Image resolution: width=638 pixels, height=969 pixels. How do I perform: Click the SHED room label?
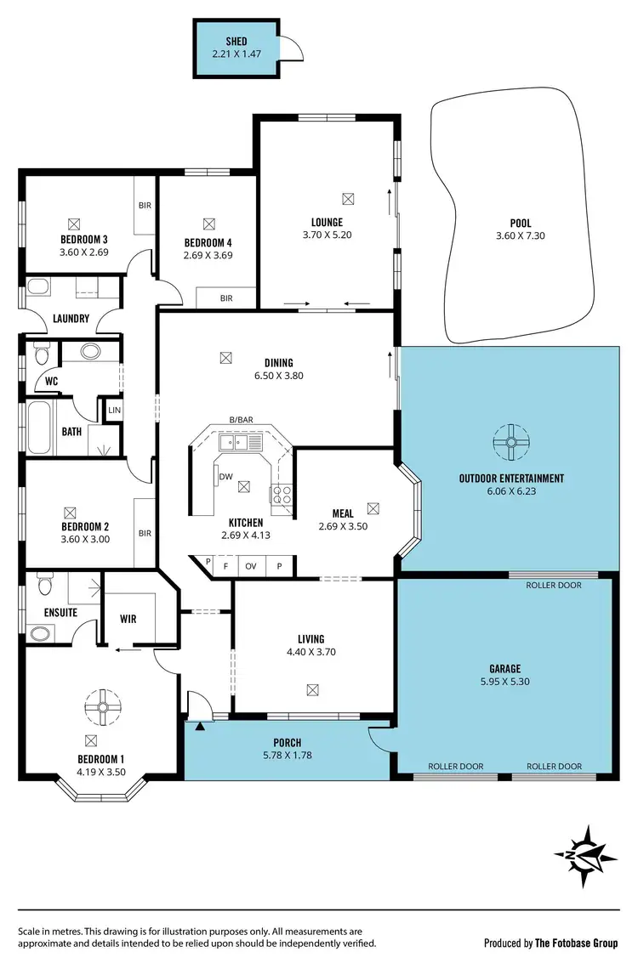(236, 41)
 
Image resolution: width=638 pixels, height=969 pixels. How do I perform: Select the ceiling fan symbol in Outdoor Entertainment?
(511, 441)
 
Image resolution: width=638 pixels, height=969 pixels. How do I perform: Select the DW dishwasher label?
(226, 477)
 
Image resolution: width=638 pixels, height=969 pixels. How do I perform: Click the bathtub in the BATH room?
(40, 429)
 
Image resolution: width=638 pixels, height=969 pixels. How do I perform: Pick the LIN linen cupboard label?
(113, 411)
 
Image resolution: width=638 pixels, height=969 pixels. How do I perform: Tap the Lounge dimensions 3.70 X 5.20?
(327, 235)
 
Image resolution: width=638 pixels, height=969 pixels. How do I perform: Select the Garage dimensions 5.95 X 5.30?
(504, 682)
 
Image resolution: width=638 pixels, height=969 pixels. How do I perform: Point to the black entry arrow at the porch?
(201, 725)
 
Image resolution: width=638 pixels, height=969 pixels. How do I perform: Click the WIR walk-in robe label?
(128, 619)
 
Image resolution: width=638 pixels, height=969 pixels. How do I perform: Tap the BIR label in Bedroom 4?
(226, 298)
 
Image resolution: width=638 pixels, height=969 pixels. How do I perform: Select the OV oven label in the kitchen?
(251, 565)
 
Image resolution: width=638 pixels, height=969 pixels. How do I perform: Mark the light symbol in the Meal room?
(373, 507)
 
